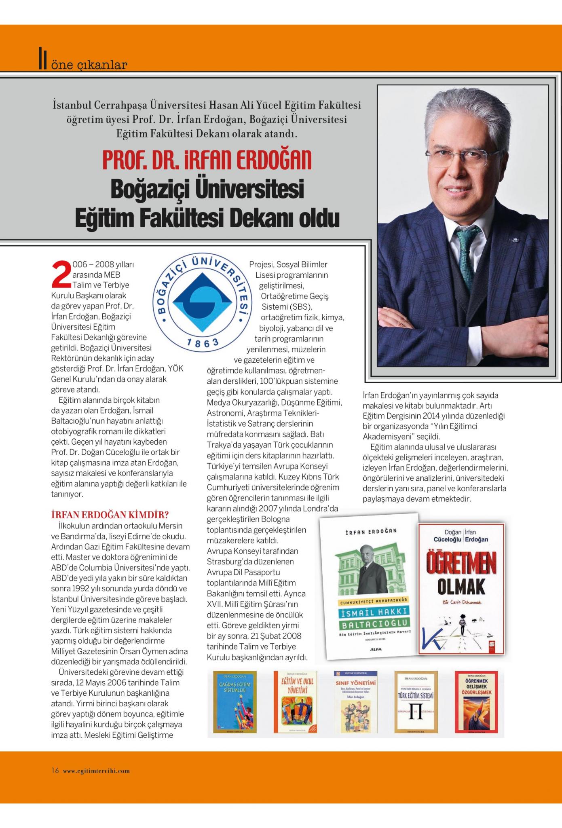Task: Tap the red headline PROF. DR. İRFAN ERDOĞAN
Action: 207,160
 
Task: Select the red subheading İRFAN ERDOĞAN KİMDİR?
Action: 110,515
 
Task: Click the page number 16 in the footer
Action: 55,770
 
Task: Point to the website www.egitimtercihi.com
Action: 96,771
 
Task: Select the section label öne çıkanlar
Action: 89,64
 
